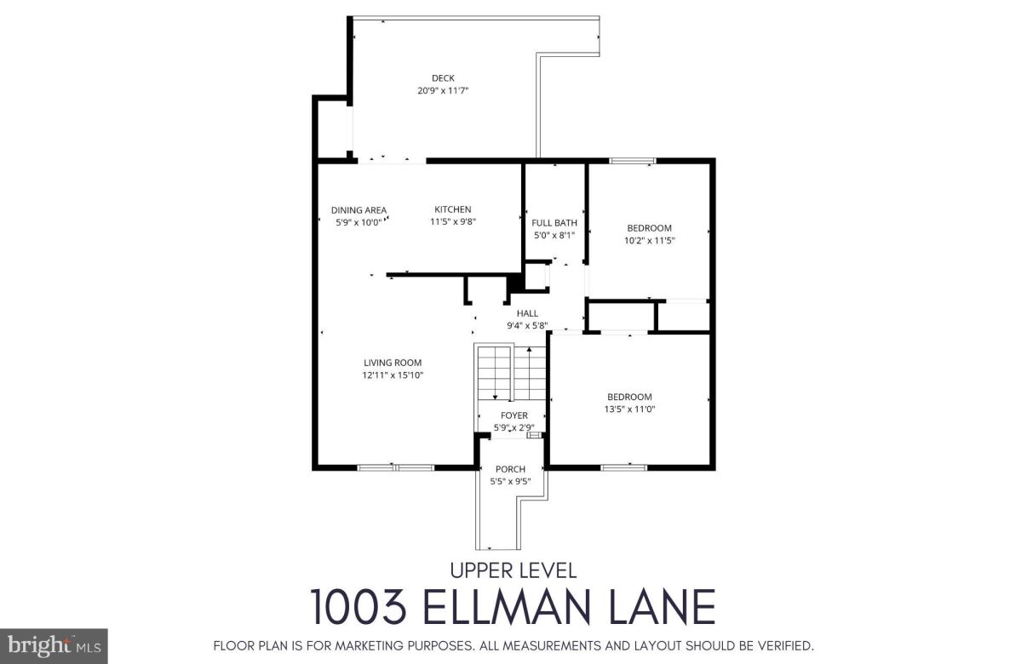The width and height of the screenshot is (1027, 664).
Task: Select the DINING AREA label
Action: point(359,210)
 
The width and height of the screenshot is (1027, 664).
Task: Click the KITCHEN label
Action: point(452,209)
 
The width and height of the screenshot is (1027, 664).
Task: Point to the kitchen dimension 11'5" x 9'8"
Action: point(452,221)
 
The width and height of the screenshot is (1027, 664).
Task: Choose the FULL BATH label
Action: point(554,223)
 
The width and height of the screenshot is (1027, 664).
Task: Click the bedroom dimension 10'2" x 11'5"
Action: point(649,240)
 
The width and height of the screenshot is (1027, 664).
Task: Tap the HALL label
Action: point(527,313)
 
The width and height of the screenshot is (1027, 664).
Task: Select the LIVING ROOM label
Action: point(393,363)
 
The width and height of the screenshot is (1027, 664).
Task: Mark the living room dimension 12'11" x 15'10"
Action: point(393,375)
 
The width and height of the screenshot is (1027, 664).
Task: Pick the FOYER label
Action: point(513,415)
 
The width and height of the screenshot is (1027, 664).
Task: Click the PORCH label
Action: point(510,469)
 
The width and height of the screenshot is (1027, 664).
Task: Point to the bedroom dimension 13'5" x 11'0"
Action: point(629,409)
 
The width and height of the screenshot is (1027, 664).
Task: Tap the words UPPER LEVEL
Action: point(513,571)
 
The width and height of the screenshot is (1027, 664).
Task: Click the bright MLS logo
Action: point(53,646)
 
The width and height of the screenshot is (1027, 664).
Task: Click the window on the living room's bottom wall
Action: point(395,467)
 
